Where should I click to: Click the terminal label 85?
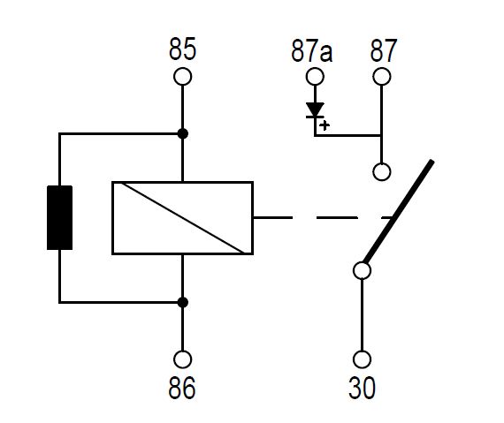[182, 49]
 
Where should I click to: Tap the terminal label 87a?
[312, 50]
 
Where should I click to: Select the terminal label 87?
[384, 50]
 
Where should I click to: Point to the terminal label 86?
[181, 388]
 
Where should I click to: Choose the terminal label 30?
[362, 388]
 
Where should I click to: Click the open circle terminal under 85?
[182, 77]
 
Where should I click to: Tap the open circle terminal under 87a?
[315, 77]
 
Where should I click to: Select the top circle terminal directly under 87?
[382, 77]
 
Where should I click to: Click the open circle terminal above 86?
[182, 359]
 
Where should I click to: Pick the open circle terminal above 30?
[362, 359]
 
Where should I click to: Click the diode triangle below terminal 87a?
[315, 110]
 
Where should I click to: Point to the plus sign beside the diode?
[325, 125]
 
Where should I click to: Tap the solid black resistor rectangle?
[59, 217]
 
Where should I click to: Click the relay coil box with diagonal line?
[182, 218]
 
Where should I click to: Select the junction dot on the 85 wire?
[182, 133]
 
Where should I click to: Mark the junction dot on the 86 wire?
[182, 302]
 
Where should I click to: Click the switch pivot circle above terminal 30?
[362, 270]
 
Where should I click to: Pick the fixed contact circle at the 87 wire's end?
[382, 171]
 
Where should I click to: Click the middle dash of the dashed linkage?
[337, 217]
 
